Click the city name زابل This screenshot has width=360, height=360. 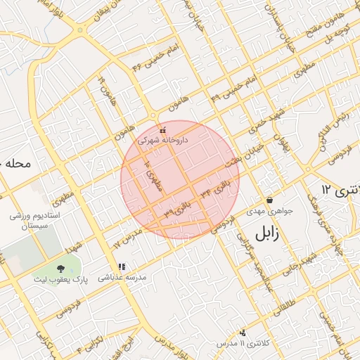coord(265,233)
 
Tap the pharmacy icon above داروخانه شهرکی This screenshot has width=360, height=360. coord(163,130)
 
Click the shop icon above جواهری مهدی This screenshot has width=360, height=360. coord(269,200)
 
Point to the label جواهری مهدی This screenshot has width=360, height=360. coord(269,210)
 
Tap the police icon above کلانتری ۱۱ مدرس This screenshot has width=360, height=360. coord(243,332)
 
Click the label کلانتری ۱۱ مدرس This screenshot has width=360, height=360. coord(243,342)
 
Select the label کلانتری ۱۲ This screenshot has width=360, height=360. coord(340,189)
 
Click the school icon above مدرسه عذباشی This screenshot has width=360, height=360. coord(122,267)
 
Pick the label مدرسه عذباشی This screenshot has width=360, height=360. coord(122,278)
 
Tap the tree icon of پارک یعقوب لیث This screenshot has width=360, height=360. coord(60,268)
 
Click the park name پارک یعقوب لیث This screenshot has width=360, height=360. coord(60,278)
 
